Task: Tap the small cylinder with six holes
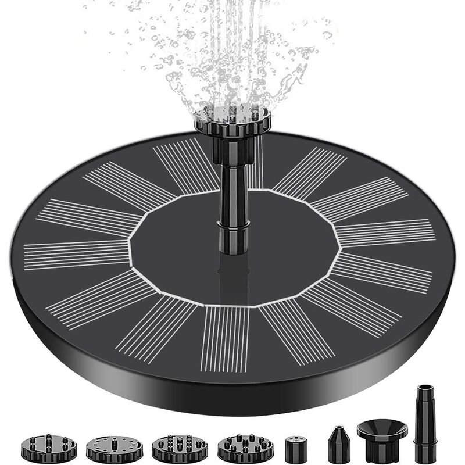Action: click(298, 448)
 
